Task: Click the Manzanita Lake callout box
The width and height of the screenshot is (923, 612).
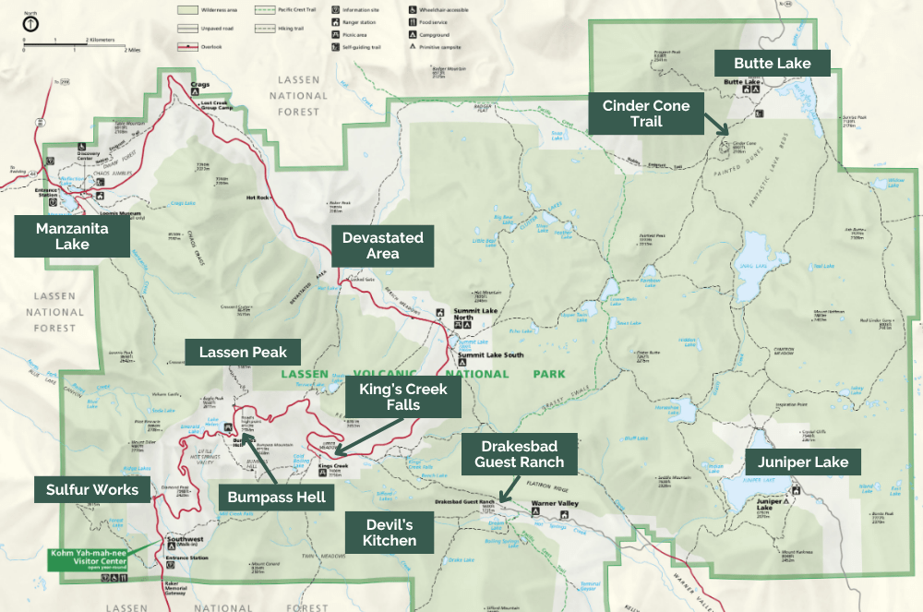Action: pos(72,235)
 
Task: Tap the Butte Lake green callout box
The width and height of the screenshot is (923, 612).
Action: pos(773,64)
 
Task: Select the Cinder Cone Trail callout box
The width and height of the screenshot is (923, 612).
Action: pos(646,114)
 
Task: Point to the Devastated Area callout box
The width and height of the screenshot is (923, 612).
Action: pos(382,246)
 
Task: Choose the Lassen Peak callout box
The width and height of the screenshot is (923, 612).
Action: pos(243,352)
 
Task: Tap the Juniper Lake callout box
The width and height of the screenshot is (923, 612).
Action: pos(797,462)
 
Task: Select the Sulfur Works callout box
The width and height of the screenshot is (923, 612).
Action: pos(92,489)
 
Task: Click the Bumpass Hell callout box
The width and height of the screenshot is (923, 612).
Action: pos(276,497)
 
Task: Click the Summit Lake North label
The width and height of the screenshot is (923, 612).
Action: pos(474,315)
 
